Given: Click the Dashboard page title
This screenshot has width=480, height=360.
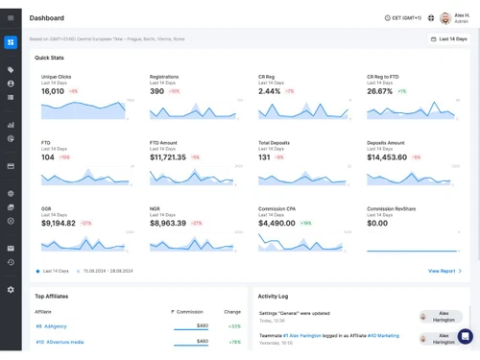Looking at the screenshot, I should pos(47,18).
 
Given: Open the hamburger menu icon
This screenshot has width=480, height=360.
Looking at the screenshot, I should pos(11,18).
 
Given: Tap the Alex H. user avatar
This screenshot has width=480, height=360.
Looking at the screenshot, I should pos(444,18).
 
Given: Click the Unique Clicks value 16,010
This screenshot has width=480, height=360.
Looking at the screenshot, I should pos(53,91).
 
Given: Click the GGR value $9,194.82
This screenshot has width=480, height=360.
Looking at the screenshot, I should pos(58,223).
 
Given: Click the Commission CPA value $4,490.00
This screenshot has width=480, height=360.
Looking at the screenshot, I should pos(277,223).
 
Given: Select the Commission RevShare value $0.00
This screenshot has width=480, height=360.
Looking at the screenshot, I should pos(377,223).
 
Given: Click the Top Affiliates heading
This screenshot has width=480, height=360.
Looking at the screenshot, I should pos(52,297).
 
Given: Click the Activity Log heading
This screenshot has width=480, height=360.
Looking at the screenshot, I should pos(274,297).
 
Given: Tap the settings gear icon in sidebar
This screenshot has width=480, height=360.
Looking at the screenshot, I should pos(11,289).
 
